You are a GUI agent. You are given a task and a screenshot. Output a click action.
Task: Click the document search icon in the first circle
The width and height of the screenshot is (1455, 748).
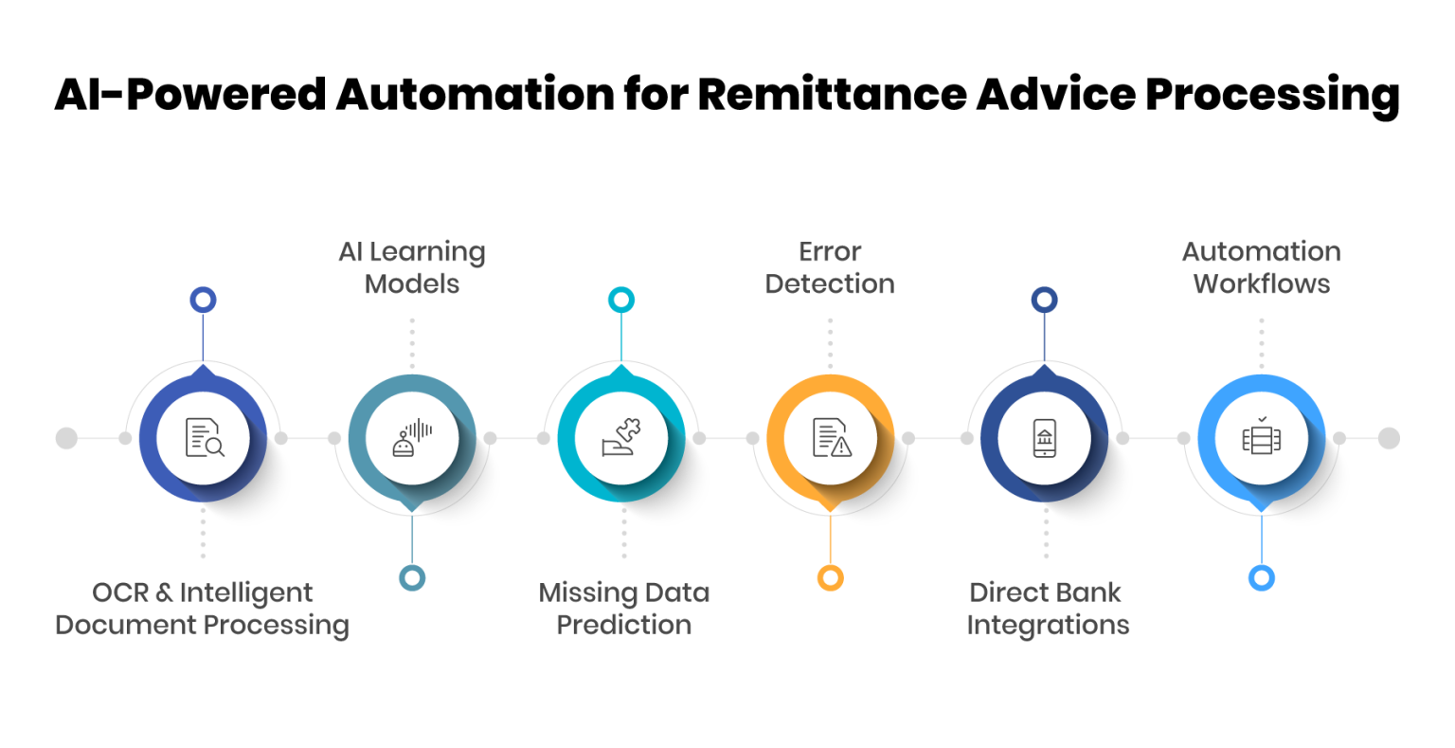tap(204, 438)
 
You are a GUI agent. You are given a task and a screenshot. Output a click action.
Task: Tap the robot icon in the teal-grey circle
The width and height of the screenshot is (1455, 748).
tap(412, 439)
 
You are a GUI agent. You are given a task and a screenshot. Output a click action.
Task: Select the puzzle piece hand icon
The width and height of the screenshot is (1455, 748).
tap(621, 439)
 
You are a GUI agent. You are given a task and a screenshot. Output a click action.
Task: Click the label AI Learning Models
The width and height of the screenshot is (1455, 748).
tap(412, 267)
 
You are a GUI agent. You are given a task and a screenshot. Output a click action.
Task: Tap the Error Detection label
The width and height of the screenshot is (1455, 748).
tap(830, 267)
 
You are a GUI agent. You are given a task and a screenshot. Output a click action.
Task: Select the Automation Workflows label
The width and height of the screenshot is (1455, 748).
tap(1261, 267)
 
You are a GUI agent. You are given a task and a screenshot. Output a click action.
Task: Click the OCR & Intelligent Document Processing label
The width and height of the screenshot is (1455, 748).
tap(203, 609)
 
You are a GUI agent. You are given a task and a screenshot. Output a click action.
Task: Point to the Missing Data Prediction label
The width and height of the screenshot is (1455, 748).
tap(623, 609)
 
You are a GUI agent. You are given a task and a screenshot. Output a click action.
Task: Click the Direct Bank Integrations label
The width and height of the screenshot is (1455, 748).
tap(1047, 609)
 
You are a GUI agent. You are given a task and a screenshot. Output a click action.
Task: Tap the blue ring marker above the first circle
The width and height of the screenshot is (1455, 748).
tap(203, 300)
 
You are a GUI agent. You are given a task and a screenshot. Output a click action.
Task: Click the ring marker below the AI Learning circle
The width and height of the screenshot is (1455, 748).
tap(412, 577)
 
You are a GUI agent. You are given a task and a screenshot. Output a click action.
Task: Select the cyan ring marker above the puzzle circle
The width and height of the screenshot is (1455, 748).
tap(620, 300)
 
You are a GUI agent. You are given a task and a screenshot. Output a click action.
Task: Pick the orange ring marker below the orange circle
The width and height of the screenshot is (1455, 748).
tap(831, 577)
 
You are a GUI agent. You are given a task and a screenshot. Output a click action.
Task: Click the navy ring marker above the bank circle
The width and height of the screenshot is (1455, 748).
tap(1044, 300)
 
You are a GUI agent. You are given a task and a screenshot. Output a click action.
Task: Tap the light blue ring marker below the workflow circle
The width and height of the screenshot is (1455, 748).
tap(1261, 577)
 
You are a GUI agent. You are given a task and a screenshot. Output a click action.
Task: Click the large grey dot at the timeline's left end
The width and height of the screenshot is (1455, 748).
tap(66, 438)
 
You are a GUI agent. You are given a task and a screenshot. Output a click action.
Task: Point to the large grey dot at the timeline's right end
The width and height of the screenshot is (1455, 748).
tap(1388, 438)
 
